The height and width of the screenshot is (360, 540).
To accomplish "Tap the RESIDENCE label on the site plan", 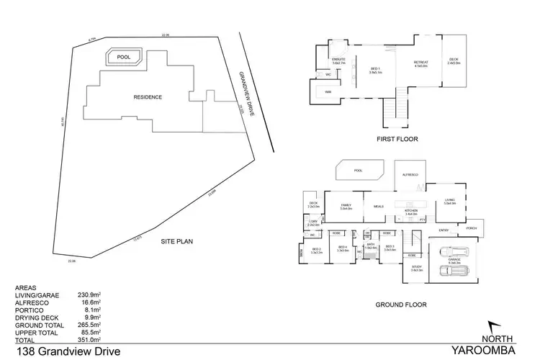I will pos(147,97).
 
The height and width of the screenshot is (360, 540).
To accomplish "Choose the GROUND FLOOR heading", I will pos(401,305).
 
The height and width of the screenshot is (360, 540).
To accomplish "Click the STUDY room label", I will pos(417,267).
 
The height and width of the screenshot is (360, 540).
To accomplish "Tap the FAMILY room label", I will pos(345,206).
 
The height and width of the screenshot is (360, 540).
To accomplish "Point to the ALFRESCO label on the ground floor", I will pos(410,175).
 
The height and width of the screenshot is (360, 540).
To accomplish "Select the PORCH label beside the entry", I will pos(472,228).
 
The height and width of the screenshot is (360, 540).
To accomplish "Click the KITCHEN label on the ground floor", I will pos(411,210).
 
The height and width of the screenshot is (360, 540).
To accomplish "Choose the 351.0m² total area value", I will pos(89,338).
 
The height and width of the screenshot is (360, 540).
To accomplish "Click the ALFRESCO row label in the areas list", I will pos(30,302).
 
